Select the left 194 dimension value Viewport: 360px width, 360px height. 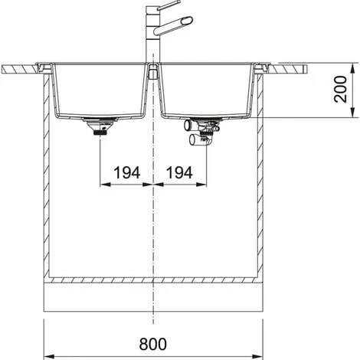pyautogui.click(x=126, y=174)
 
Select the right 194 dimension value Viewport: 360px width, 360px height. pyautogui.click(x=179, y=174)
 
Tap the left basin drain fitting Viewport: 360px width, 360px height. pyautogui.click(x=100, y=126)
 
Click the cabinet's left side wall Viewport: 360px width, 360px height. pyautogui.click(x=47, y=176)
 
